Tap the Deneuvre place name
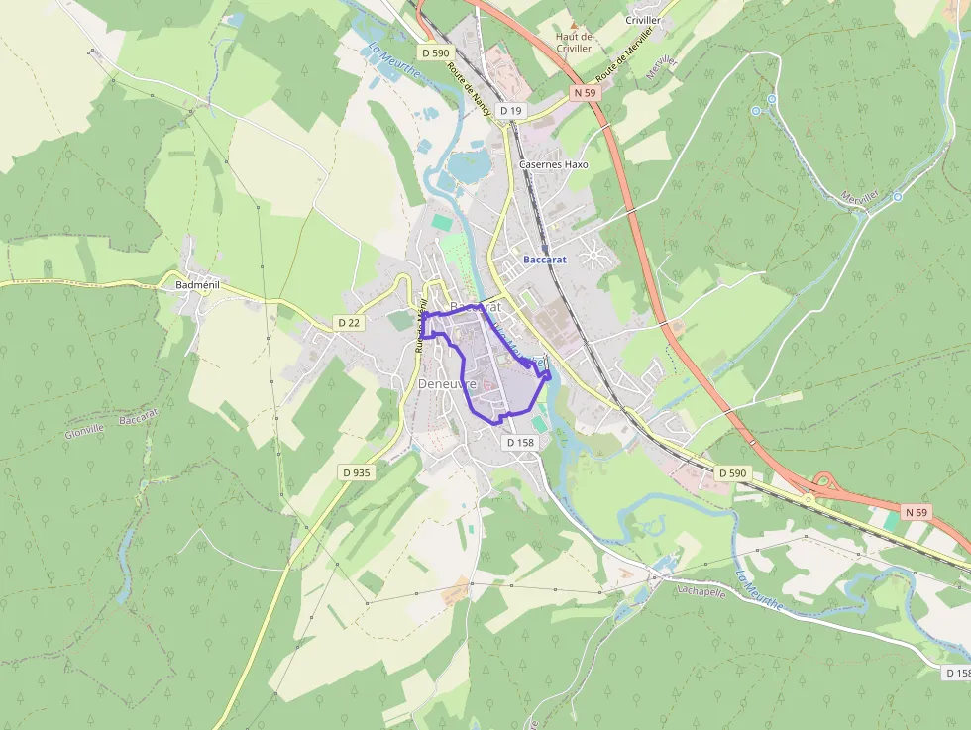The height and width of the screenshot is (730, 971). pos(448,383)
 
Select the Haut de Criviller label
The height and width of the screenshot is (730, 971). pos(573,43)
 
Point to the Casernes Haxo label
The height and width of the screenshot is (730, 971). pos(553,164)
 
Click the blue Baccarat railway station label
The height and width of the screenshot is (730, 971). pos(544,260)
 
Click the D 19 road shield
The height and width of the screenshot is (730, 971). pos(510,111)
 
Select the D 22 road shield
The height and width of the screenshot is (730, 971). pos(348,323)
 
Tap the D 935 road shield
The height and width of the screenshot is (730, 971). pos(356,472)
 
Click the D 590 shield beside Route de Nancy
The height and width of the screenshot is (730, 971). pos(435,52)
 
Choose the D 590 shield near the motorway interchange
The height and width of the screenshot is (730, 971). pos(731,473)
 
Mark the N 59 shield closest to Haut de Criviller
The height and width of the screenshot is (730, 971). pos(586,92)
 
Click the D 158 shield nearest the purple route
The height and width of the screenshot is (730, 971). pos(521,443)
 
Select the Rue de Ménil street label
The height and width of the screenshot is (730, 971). pos(422,327)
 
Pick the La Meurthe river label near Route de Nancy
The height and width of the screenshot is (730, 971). pos(388,59)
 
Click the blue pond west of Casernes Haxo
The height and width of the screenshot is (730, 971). pos(464,166)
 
